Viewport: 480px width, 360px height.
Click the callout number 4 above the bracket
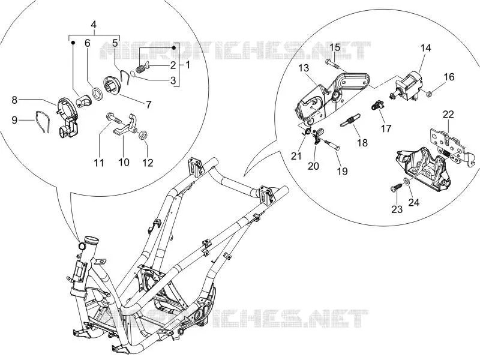(x=94, y=25)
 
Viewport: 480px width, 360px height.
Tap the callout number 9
(x=14, y=121)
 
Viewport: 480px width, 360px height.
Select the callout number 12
(x=148, y=163)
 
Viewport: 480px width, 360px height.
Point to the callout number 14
(x=425, y=48)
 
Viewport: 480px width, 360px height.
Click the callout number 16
(x=449, y=77)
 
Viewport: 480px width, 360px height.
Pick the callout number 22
(x=448, y=115)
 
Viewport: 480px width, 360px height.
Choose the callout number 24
(x=413, y=202)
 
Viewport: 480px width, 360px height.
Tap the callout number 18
(x=362, y=143)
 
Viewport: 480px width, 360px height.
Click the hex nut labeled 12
(x=142, y=134)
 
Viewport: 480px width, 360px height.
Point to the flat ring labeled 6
(x=98, y=94)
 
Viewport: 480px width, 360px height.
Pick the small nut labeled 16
(x=429, y=94)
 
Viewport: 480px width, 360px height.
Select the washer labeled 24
(x=406, y=182)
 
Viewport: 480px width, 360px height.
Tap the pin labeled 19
(x=331, y=144)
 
